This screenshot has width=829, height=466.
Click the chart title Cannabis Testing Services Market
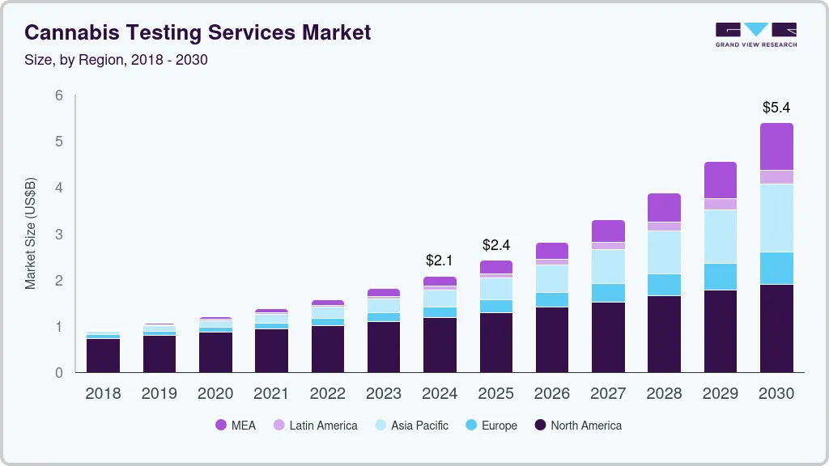pos(198,32)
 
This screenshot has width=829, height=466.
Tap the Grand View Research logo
pos(756,35)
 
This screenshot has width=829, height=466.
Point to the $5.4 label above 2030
pos(776,107)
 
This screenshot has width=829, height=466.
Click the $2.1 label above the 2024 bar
pos(440,261)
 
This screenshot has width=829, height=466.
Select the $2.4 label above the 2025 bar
pos(495,244)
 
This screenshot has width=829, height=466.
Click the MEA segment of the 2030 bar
pos(776,146)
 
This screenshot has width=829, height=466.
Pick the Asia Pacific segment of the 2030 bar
pos(776,218)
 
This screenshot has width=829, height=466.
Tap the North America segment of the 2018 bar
pos(103,355)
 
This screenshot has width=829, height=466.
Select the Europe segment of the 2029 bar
pos(721,276)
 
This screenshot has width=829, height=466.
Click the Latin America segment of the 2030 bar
pos(776,177)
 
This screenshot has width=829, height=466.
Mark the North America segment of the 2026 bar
pos(552,340)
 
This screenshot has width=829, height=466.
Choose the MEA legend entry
pos(235,425)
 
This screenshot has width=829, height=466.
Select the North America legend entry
pos(578,425)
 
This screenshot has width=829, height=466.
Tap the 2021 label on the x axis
pos(271,393)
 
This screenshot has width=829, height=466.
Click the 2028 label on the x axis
pos(664,393)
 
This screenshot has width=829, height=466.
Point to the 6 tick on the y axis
pos(58,95)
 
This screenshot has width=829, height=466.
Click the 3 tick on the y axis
pos(58,235)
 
